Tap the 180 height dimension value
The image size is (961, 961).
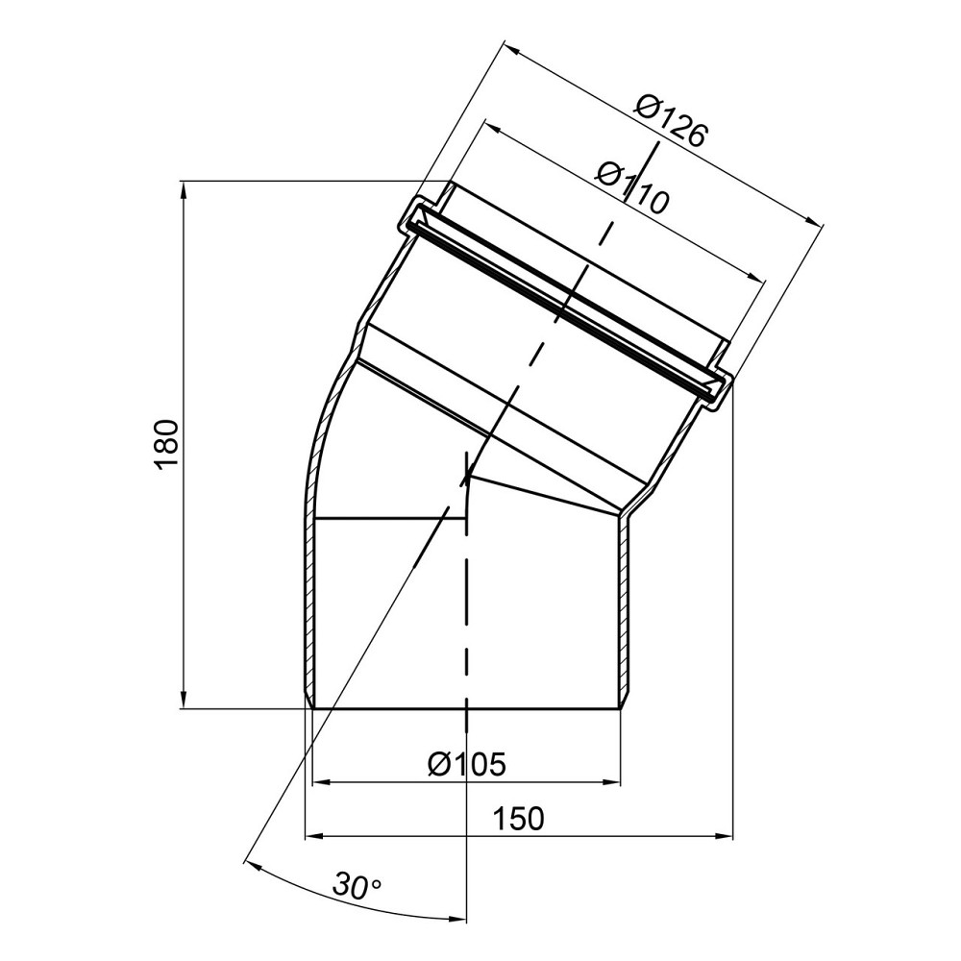pos(167,445)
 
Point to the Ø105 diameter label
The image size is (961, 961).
pos(467,764)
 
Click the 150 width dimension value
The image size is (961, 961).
pos(519,819)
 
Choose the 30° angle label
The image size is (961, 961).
pos(357,885)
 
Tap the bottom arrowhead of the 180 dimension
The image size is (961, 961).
pos(184,701)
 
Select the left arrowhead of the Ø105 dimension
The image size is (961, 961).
pos(322,782)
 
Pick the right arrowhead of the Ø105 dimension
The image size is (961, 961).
pos(613,782)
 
